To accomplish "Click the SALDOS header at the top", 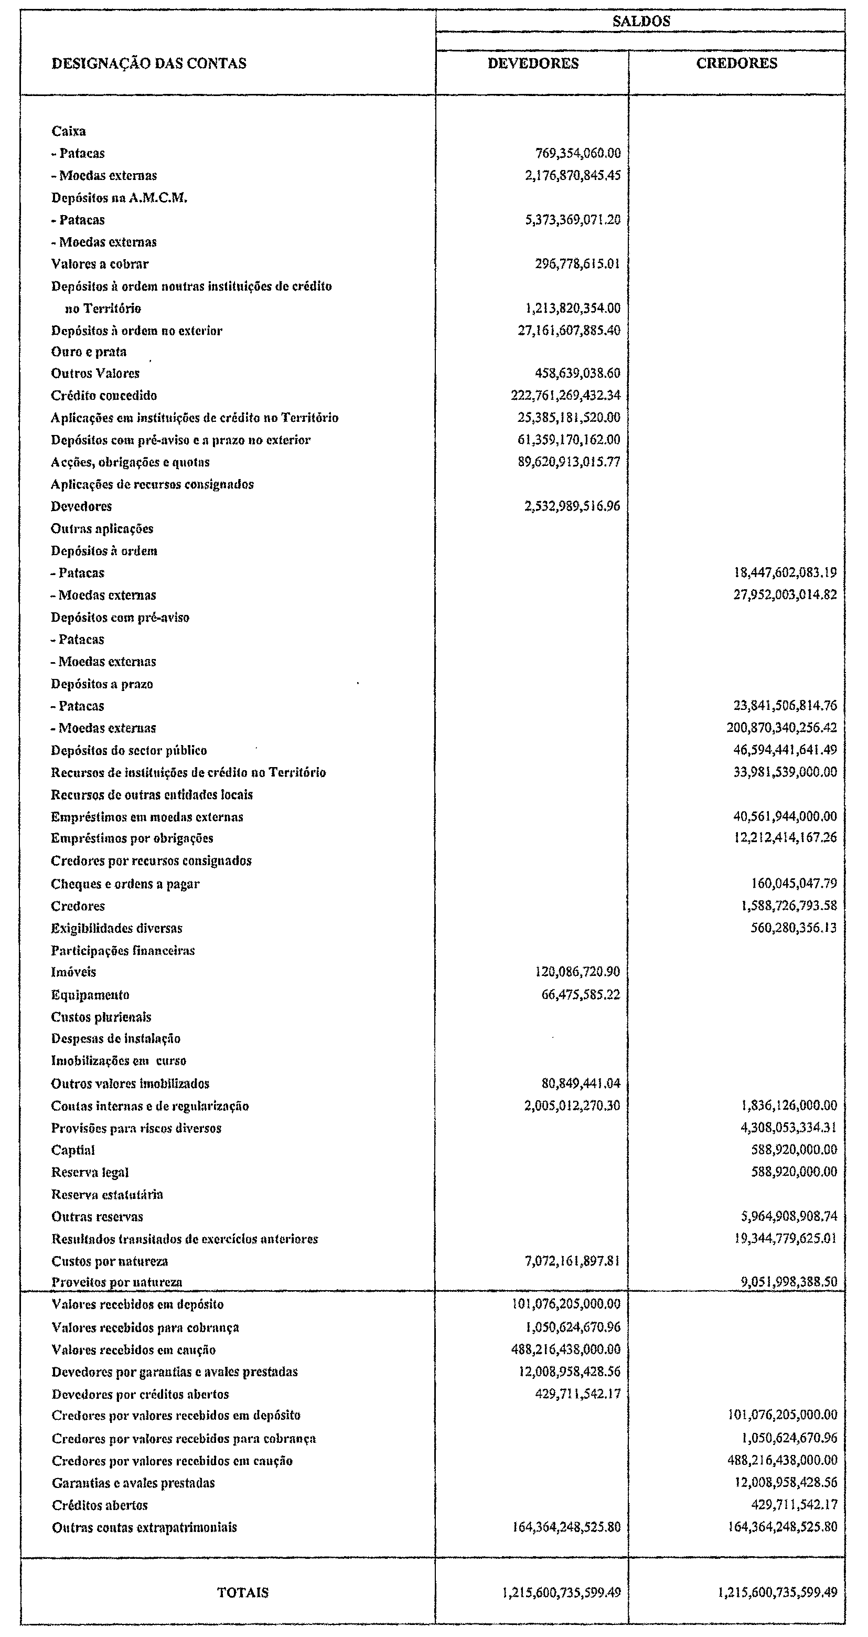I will [x=640, y=21].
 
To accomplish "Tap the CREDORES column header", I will [x=736, y=63].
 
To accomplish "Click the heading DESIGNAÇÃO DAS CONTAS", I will [x=149, y=63].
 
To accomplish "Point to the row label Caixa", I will [x=69, y=132].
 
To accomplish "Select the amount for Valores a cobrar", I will [x=577, y=264].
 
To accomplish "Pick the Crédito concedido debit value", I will [x=565, y=395].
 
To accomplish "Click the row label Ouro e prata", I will [x=89, y=352].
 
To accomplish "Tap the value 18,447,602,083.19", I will [x=785, y=572].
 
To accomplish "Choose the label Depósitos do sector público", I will [x=129, y=750].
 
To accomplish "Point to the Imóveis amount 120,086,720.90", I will [x=577, y=972].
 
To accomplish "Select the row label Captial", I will [x=73, y=1150].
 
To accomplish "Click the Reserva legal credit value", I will [x=794, y=1171].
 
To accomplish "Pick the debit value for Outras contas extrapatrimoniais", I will [x=566, y=1526].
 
